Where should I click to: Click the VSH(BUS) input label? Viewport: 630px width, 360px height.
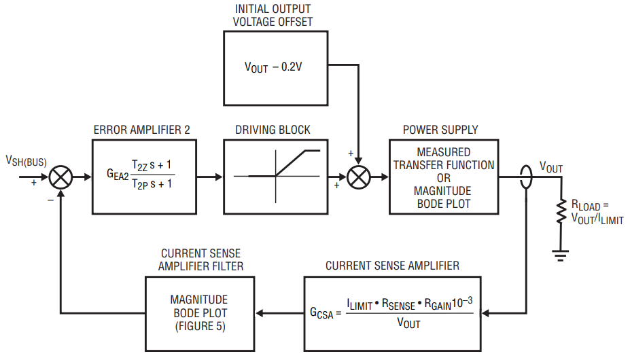pos(26,160)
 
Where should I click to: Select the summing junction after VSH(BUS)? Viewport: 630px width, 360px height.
pos(62,177)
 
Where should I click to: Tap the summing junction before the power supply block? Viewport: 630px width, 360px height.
pos(357,177)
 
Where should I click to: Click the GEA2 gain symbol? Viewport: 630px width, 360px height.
pos(116,174)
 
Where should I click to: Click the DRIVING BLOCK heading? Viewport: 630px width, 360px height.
pos(273,130)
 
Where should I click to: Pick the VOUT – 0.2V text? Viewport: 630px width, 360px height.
pos(275,67)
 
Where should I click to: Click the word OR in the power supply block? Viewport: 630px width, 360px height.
pos(443,178)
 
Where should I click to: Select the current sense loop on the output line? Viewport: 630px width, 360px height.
pos(526,177)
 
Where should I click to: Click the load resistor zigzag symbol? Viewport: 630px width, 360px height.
pos(561,212)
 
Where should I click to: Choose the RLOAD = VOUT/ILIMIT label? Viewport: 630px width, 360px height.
pos(597,211)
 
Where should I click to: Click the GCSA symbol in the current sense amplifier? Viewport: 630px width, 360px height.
pos(321,314)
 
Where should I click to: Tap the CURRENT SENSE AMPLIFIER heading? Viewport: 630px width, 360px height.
pos(393,266)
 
